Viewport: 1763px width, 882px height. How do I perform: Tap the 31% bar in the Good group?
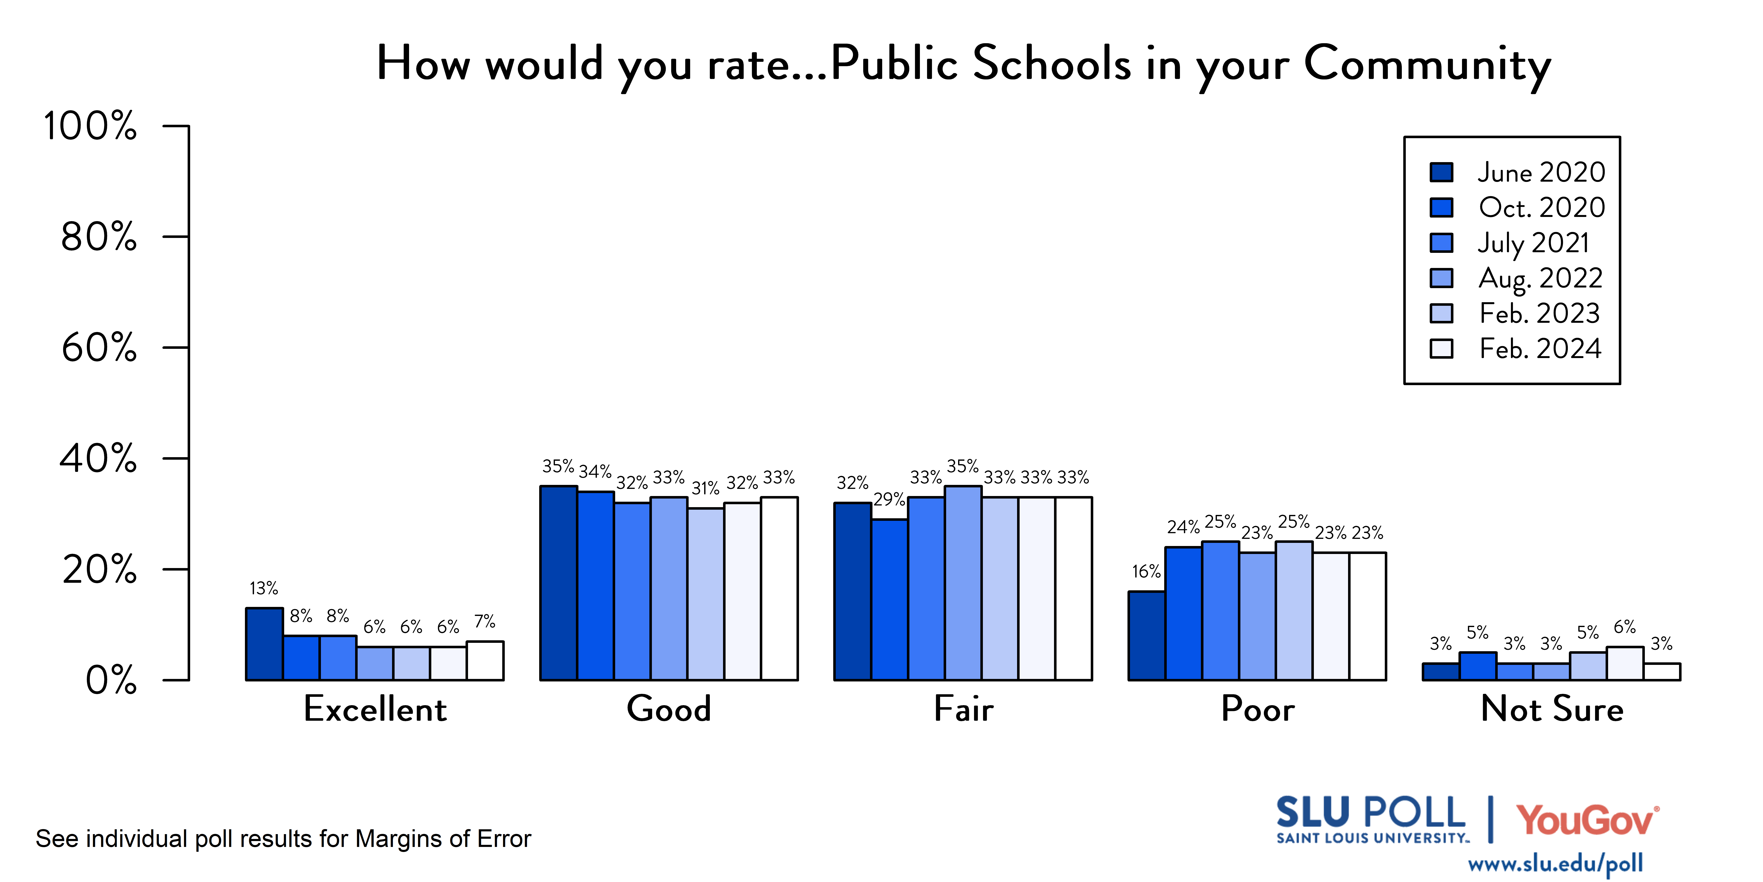(x=706, y=594)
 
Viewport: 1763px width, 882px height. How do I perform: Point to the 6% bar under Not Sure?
(x=1625, y=663)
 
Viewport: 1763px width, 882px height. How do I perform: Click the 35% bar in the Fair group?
(x=963, y=583)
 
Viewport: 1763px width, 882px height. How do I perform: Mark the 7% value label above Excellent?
(x=485, y=622)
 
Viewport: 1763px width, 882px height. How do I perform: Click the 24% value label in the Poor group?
(x=1183, y=527)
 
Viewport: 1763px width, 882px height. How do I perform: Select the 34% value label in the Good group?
(x=595, y=472)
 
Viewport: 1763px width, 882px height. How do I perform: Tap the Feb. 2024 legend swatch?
(x=1441, y=349)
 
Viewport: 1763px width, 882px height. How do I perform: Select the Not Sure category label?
(x=1551, y=709)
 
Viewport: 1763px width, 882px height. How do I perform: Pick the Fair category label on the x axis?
(x=963, y=709)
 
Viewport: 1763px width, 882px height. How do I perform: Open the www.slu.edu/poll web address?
(x=1555, y=864)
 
